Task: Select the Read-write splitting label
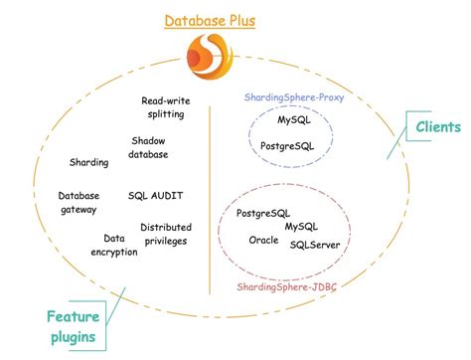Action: pyautogui.click(x=165, y=108)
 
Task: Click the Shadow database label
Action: pyautogui.click(x=149, y=148)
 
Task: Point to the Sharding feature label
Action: pyautogui.click(x=88, y=162)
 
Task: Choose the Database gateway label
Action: pyautogui.click(x=78, y=203)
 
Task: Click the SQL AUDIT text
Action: pyautogui.click(x=156, y=196)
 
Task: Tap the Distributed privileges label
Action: pyautogui.click(x=166, y=235)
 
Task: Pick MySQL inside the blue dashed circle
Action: pyautogui.click(x=293, y=120)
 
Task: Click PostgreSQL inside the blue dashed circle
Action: pyautogui.click(x=288, y=146)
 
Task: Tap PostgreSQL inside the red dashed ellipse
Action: pyautogui.click(x=264, y=214)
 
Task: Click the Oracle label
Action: pyautogui.click(x=263, y=241)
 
